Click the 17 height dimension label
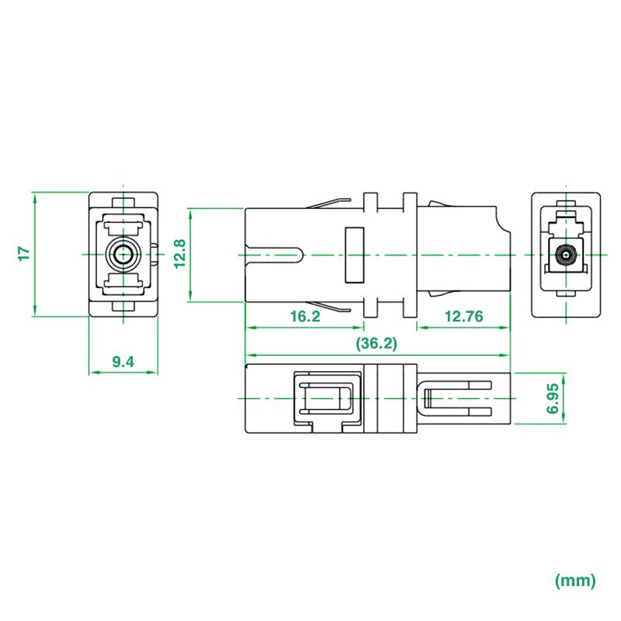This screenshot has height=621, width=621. (23, 253)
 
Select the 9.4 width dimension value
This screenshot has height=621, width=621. (123, 361)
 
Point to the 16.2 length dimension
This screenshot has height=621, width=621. (304, 317)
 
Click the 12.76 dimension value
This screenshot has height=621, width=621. (463, 317)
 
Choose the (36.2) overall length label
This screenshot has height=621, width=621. (376, 344)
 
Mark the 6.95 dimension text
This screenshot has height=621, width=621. (553, 399)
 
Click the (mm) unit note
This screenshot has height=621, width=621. (575, 580)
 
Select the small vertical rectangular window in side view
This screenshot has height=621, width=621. (354, 255)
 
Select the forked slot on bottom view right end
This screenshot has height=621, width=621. (458, 398)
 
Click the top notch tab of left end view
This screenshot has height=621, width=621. (123, 199)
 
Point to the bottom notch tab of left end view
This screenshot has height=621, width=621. (123, 307)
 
